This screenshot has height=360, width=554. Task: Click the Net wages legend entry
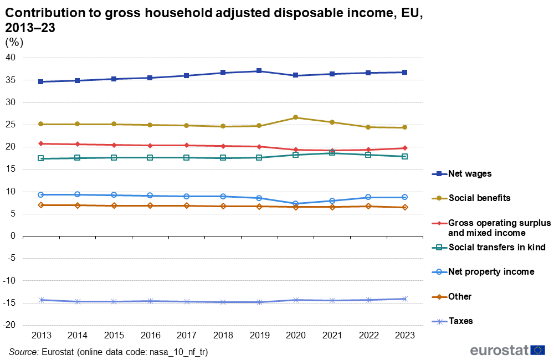(x=469, y=174)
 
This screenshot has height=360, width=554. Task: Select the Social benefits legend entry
(x=479, y=198)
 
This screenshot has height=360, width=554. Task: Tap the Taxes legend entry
(x=460, y=321)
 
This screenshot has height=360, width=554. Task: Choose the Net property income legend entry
(x=491, y=271)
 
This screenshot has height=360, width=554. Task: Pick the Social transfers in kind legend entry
(x=496, y=247)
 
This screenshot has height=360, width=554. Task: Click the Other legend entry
(x=460, y=296)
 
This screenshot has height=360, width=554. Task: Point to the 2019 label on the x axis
(x=259, y=336)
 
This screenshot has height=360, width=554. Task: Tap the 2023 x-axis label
(x=404, y=336)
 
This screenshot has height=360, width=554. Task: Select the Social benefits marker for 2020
(x=296, y=117)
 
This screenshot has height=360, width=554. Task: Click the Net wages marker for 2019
(x=259, y=71)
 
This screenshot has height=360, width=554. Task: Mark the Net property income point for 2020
(x=296, y=204)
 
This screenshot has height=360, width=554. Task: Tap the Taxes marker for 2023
(x=405, y=299)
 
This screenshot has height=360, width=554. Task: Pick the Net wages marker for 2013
(x=41, y=81)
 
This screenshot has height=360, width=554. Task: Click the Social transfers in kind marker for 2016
(x=150, y=157)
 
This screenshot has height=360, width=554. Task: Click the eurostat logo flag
(x=537, y=349)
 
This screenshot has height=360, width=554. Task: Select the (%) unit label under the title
(x=14, y=42)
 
